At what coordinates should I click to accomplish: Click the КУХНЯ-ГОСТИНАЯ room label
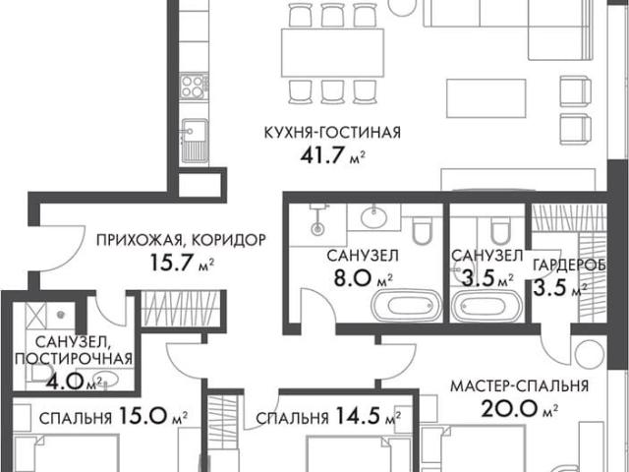point(332,132)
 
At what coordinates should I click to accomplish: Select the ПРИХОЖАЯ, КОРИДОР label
point(181,240)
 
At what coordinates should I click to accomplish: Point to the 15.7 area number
point(173,263)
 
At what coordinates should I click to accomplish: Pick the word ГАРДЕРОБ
point(569,265)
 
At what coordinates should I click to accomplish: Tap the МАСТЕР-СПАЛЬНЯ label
point(519,385)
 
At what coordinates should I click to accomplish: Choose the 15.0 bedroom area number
point(143,416)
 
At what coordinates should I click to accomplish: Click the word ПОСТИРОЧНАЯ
point(74,358)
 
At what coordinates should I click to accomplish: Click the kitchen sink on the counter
point(195,140)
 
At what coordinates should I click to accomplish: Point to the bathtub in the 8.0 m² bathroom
point(406,305)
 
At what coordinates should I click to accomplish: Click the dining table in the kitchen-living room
point(332,53)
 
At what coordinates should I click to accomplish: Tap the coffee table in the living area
point(486,98)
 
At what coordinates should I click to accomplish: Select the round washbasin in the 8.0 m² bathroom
point(373,217)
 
